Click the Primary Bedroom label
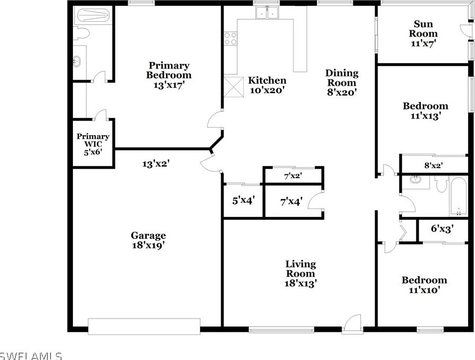[x=168, y=74]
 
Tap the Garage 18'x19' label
[x=148, y=240]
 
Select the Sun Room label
[x=423, y=34]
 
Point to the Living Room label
[x=301, y=273]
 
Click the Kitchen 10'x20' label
[x=268, y=85]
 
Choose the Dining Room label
[x=341, y=82]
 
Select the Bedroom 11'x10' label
[x=424, y=285]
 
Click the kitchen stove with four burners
[x=230, y=39]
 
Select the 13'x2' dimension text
[x=155, y=164]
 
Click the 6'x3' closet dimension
[x=442, y=229]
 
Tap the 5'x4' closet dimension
[x=244, y=200]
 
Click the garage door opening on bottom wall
[x=144, y=326]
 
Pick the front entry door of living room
[x=352, y=324]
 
